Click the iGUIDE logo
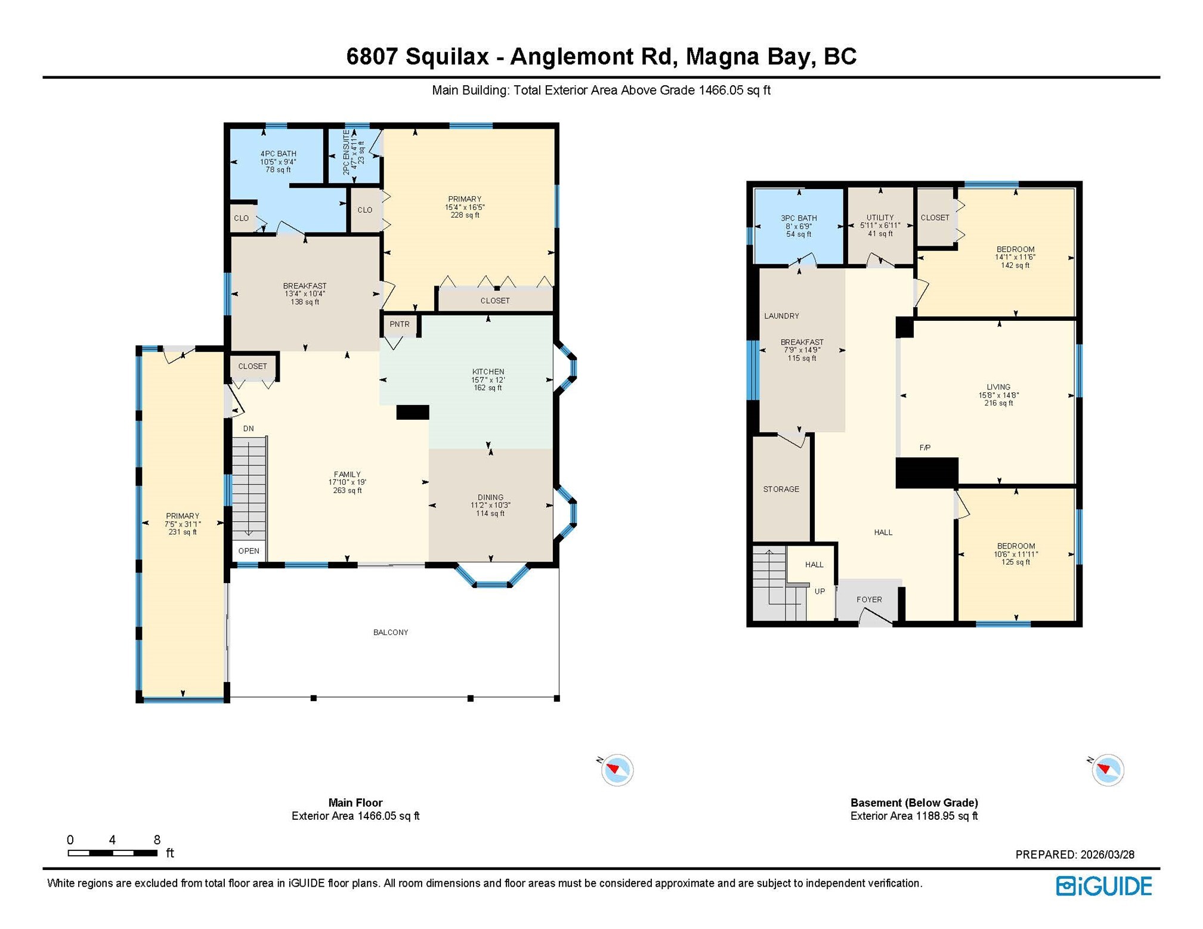click(1103, 886)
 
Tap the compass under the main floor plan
click(617, 770)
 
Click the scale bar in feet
click(112, 853)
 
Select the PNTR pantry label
click(400, 324)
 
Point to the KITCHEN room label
click(488, 371)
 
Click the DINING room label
click(490, 497)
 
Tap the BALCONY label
click(391, 632)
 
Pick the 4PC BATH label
click(278, 154)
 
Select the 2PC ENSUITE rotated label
click(346, 152)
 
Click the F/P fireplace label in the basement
click(924, 447)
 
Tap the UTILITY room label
click(880, 218)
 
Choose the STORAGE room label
click(781, 489)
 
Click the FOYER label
click(869, 599)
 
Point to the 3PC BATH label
click(799, 218)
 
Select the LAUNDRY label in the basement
click(781, 316)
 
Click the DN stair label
click(248, 428)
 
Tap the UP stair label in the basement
click(819, 592)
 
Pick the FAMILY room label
click(347, 475)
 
